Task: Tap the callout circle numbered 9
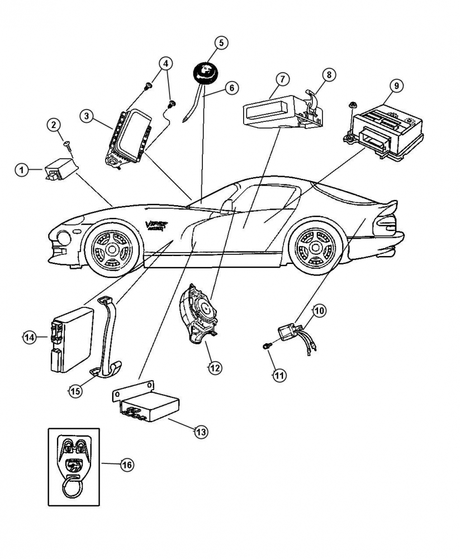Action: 396,86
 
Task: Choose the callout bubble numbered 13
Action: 201,431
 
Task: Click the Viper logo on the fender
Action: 157,225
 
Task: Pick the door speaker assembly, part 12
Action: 200,311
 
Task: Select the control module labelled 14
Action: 70,340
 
